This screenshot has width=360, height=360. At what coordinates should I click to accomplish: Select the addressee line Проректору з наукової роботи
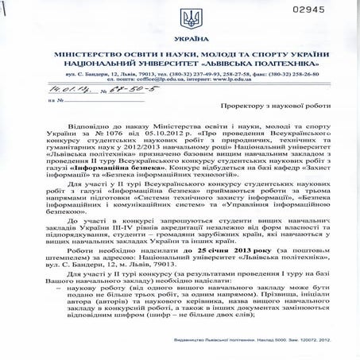coord(269,103)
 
